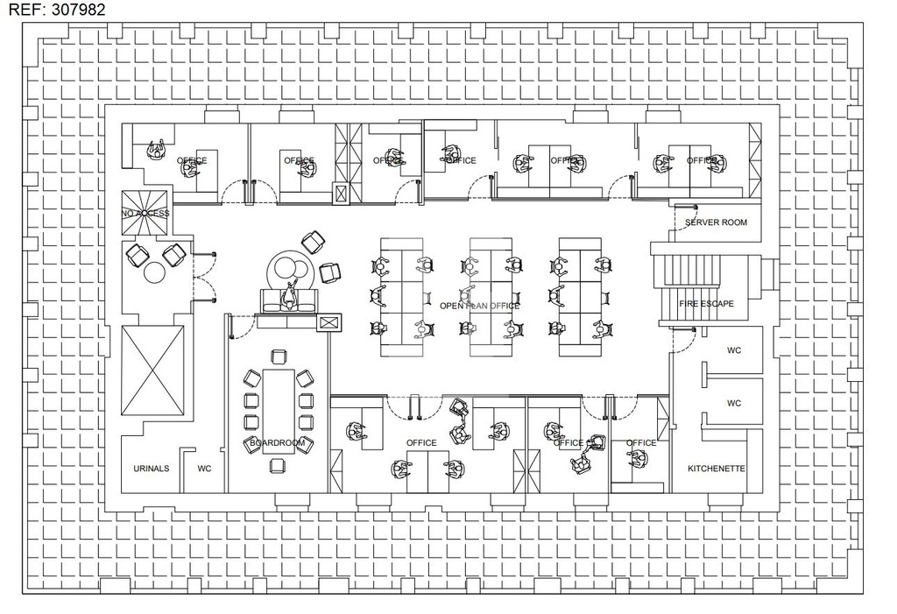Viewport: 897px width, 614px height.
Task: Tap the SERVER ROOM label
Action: click(716, 222)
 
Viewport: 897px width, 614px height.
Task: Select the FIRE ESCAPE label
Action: click(706, 304)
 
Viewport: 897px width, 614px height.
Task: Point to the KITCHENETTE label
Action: click(716, 469)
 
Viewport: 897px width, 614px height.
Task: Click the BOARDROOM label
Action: click(277, 443)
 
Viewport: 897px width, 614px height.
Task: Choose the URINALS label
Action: click(151, 469)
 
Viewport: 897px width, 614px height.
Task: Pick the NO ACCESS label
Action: click(145, 213)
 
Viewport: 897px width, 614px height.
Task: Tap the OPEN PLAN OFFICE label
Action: click(479, 306)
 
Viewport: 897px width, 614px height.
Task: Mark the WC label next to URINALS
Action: click(204, 469)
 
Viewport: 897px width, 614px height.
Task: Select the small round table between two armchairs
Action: click(155, 272)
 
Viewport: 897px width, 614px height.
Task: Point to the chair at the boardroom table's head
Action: click(279, 356)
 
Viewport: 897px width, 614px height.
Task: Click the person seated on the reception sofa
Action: click(290, 297)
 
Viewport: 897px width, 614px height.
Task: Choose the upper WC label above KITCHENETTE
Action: click(734, 350)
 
